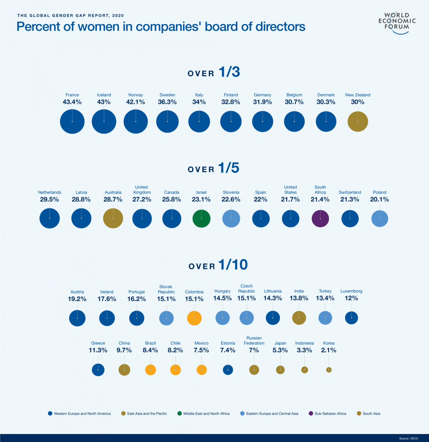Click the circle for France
pos(72,121)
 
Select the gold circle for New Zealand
pos(358,121)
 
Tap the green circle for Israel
pos(201,219)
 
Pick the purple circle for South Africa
pos(320,219)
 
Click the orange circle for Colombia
pos(194,318)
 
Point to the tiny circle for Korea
pos(329,370)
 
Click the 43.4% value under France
pos(72,102)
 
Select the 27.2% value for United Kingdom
pos(142,199)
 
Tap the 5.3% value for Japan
pos(280,350)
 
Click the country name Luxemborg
pos(351,291)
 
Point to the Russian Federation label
pos(254,341)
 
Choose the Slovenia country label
pos(231,192)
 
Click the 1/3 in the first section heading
pos(229,72)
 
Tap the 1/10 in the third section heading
pos(233,265)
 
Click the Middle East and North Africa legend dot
pos(180,413)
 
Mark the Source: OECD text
pos(408,438)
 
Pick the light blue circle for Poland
pos(380,219)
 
